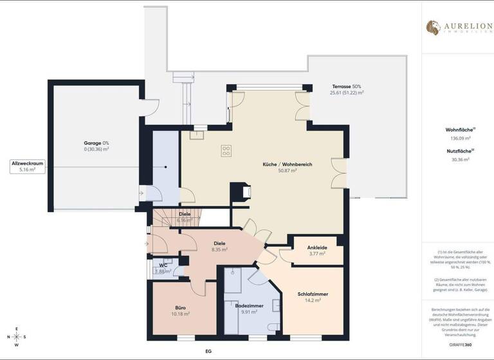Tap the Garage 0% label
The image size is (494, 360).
click(96, 145)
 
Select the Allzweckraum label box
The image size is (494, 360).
click(26, 166)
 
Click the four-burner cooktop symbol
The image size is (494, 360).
click(226, 151)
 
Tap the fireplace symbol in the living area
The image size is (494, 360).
click(244, 194)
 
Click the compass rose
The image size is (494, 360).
click(17, 336)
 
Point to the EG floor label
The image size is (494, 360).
click(208, 352)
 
